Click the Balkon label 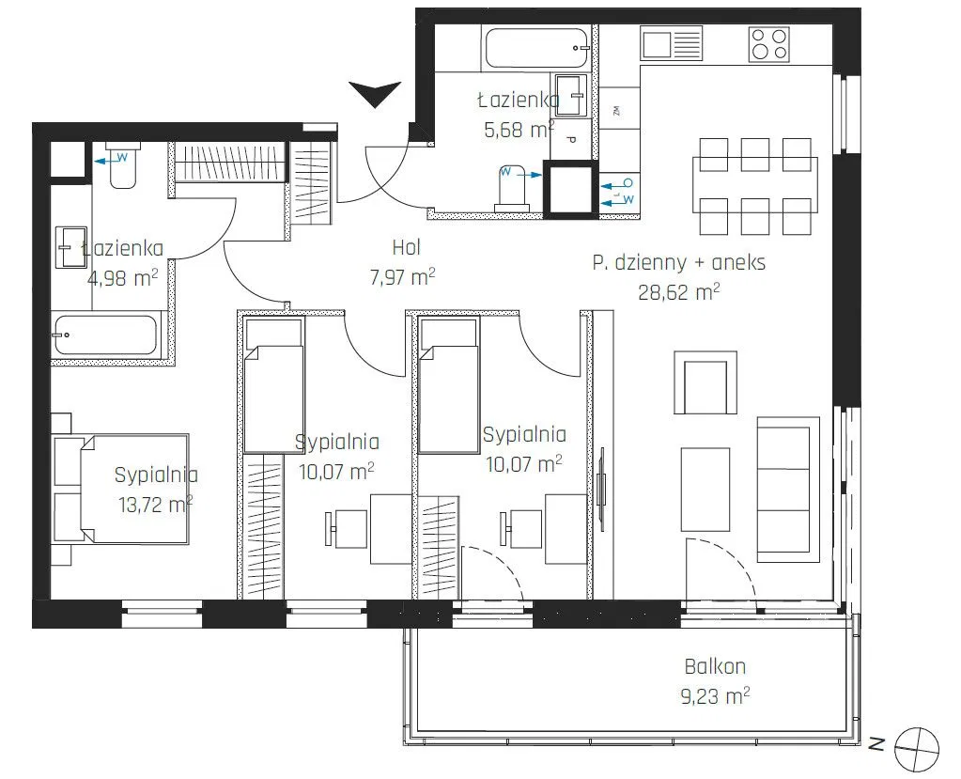(x=715, y=666)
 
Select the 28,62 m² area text (x=678, y=291)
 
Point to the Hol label (x=406, y=248)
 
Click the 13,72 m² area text (x=156, y=504)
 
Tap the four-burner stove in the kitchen (x=768, y=44)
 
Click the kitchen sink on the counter (x=671, y=43)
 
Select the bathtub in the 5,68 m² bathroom (x=536, y=49)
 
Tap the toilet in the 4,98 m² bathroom (x=122, y=164)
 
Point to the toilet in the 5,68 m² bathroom (x=513, y=188)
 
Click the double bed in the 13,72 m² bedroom (x=120, y=489)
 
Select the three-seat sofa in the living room (x=788, y=489)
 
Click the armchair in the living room (x=705, y=382)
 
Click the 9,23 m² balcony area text (x=715, y=696)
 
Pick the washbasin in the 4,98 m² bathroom (x=71, y=247)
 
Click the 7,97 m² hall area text (x=402, y=277)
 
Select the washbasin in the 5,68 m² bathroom (x=572, y=95)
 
